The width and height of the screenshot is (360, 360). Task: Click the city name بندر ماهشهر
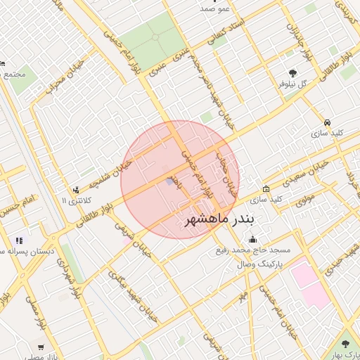coord(221,220)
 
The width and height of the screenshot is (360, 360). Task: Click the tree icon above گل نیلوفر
coord(292,72)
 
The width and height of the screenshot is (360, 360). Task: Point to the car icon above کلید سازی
coord(328,122)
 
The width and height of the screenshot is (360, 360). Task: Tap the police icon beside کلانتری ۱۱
coord(76,190)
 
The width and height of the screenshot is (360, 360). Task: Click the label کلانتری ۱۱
coord(72,201)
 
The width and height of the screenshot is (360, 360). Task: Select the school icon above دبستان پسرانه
coord(18,241)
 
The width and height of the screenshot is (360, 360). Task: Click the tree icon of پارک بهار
coord(345,345)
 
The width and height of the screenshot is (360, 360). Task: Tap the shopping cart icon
coord(41,347)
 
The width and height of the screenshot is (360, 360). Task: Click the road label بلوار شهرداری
coord(71,276)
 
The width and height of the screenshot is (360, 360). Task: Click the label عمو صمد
coord(213,8)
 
